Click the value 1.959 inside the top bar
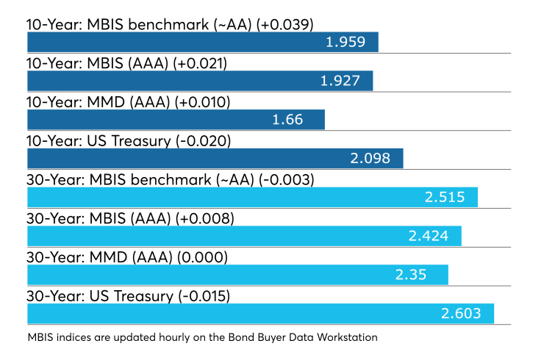pos(346,42)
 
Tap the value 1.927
pos(340,81)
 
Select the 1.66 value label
pos(287,120)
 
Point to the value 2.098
pos(371,159)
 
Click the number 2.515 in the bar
pos(445,198)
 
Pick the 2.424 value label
pos(429,236)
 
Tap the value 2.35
pos(411,275)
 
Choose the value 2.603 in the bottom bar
pos(461,314)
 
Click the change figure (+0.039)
pos(284,25)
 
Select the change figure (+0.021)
pos(200,64)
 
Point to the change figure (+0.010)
pos(202,103)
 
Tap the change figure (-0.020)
pos(204,142)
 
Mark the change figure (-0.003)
pos(287,180)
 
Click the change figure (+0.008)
pos(205,219)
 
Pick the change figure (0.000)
pos(203,258)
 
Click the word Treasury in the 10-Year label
pos(141,142)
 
